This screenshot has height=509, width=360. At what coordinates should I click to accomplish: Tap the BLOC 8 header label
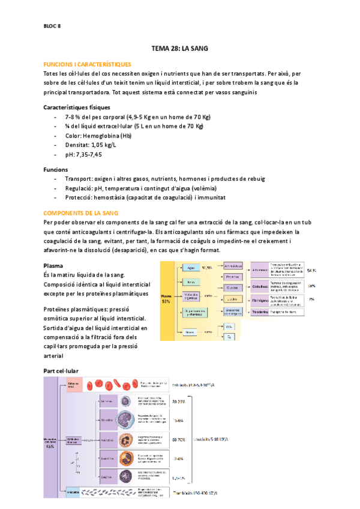pyautogui.click(x=53, y=26)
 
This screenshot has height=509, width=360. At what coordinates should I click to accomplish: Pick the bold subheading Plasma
pyautogui.click(x=54, y=265)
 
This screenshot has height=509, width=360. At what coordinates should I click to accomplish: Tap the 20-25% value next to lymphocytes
pyautogui.click(x=179, y=401)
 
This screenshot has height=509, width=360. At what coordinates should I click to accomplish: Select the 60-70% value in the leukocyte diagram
pyautogui.click(x=179, y=440)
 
